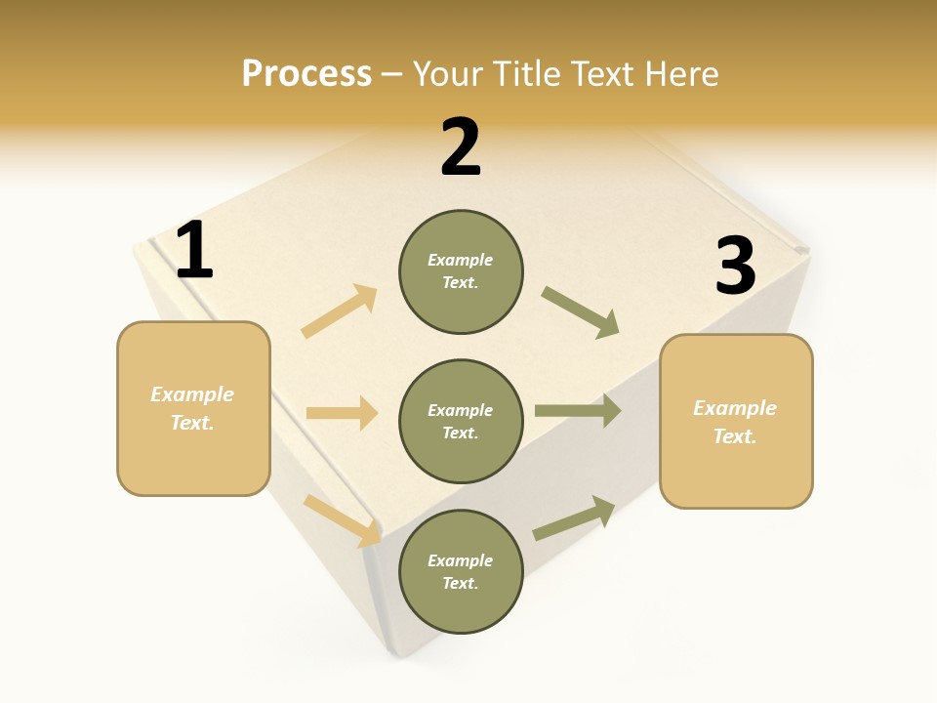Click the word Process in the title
(306, 74)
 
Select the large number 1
(194, 251)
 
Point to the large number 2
(461, 148)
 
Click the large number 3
(735, 267)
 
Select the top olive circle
(461, 271)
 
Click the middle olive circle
(461, 421)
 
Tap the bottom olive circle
(461, 571)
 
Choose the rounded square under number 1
(193, 408)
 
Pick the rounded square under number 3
(736, 422)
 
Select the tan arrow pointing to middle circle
(342, 413)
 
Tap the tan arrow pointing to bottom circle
(343, 520)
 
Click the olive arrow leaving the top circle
(581, 312)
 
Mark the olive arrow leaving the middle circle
(578, 411)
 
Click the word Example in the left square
(192, 394)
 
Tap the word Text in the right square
(734, 436)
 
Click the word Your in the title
(449, 74)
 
